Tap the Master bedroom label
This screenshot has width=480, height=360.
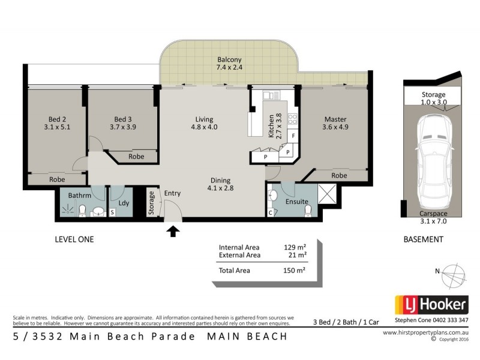(335, 119)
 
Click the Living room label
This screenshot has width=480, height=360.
(204, 119)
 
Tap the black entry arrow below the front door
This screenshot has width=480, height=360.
(173, 230)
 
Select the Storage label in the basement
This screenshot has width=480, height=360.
(433, 95)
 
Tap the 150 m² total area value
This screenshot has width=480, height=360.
(295, 271)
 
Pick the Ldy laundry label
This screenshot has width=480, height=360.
(124, 203)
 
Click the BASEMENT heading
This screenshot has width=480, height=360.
(423, 239)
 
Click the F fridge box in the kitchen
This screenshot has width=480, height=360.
(293, 137)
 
